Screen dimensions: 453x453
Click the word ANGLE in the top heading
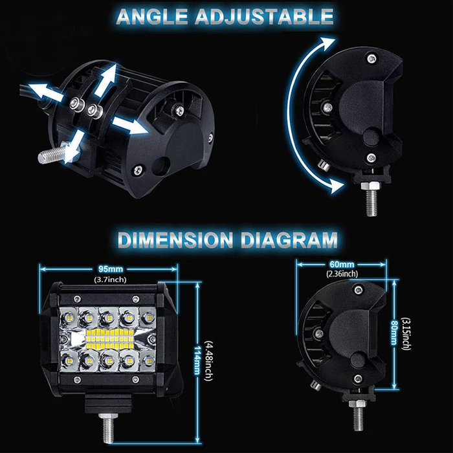point(152,16)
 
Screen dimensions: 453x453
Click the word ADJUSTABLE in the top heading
point(264,16)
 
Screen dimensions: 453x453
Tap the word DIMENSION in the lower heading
point(175,240)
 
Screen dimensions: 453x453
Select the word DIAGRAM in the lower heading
point(289,240)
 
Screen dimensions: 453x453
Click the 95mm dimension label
point(111,269)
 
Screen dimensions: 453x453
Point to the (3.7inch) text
point(111,280)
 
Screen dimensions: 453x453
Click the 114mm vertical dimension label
point(197,360)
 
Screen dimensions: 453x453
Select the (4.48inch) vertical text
point(208,361)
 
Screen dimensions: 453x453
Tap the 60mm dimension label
point(342,264)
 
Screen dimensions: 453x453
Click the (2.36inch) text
point(342,274)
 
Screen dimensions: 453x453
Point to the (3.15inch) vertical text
point(406,334)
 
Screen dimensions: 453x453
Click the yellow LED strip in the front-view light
point(110,338)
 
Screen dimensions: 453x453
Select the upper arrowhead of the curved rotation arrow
point(328,43)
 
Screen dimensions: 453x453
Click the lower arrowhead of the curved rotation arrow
point(337,186)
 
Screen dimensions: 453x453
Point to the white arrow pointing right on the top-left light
point(129,125)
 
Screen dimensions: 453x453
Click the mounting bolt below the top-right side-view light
point(371,199)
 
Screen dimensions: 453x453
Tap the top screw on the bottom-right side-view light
point(359,289)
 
